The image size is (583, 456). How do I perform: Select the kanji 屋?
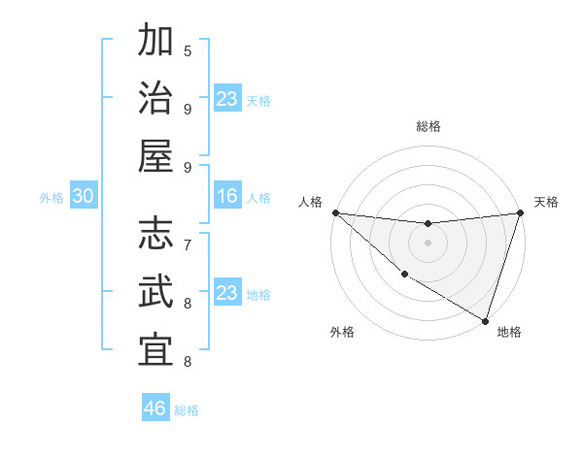[x=155, y=156]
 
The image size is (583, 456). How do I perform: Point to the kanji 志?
[x=155, y=234]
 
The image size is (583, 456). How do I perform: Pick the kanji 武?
[x=155, y=291]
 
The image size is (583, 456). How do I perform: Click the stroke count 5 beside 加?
[x=188, y=50]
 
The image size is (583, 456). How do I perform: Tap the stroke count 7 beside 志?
[x=188, y=244]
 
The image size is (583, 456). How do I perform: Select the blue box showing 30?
[x=83, y=197]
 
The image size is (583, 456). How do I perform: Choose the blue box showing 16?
[x=226, y=197]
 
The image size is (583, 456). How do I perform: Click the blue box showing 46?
[x=154, y=408]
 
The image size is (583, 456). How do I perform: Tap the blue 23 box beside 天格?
[x=226, y=99]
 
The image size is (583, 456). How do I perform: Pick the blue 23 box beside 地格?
[x=226, y=293]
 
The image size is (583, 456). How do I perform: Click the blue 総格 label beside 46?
[x=187, y=410]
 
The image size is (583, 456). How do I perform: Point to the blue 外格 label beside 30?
[x=51, y=198]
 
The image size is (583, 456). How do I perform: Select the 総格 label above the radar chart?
[x=428, y=126]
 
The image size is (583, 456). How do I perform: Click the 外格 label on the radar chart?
[x=342, y=332]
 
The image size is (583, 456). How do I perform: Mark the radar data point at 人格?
[x=335, y=212]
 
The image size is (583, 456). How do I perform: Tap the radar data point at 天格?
[x=520, y=213]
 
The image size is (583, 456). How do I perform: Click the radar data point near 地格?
[x=484, y=320]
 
